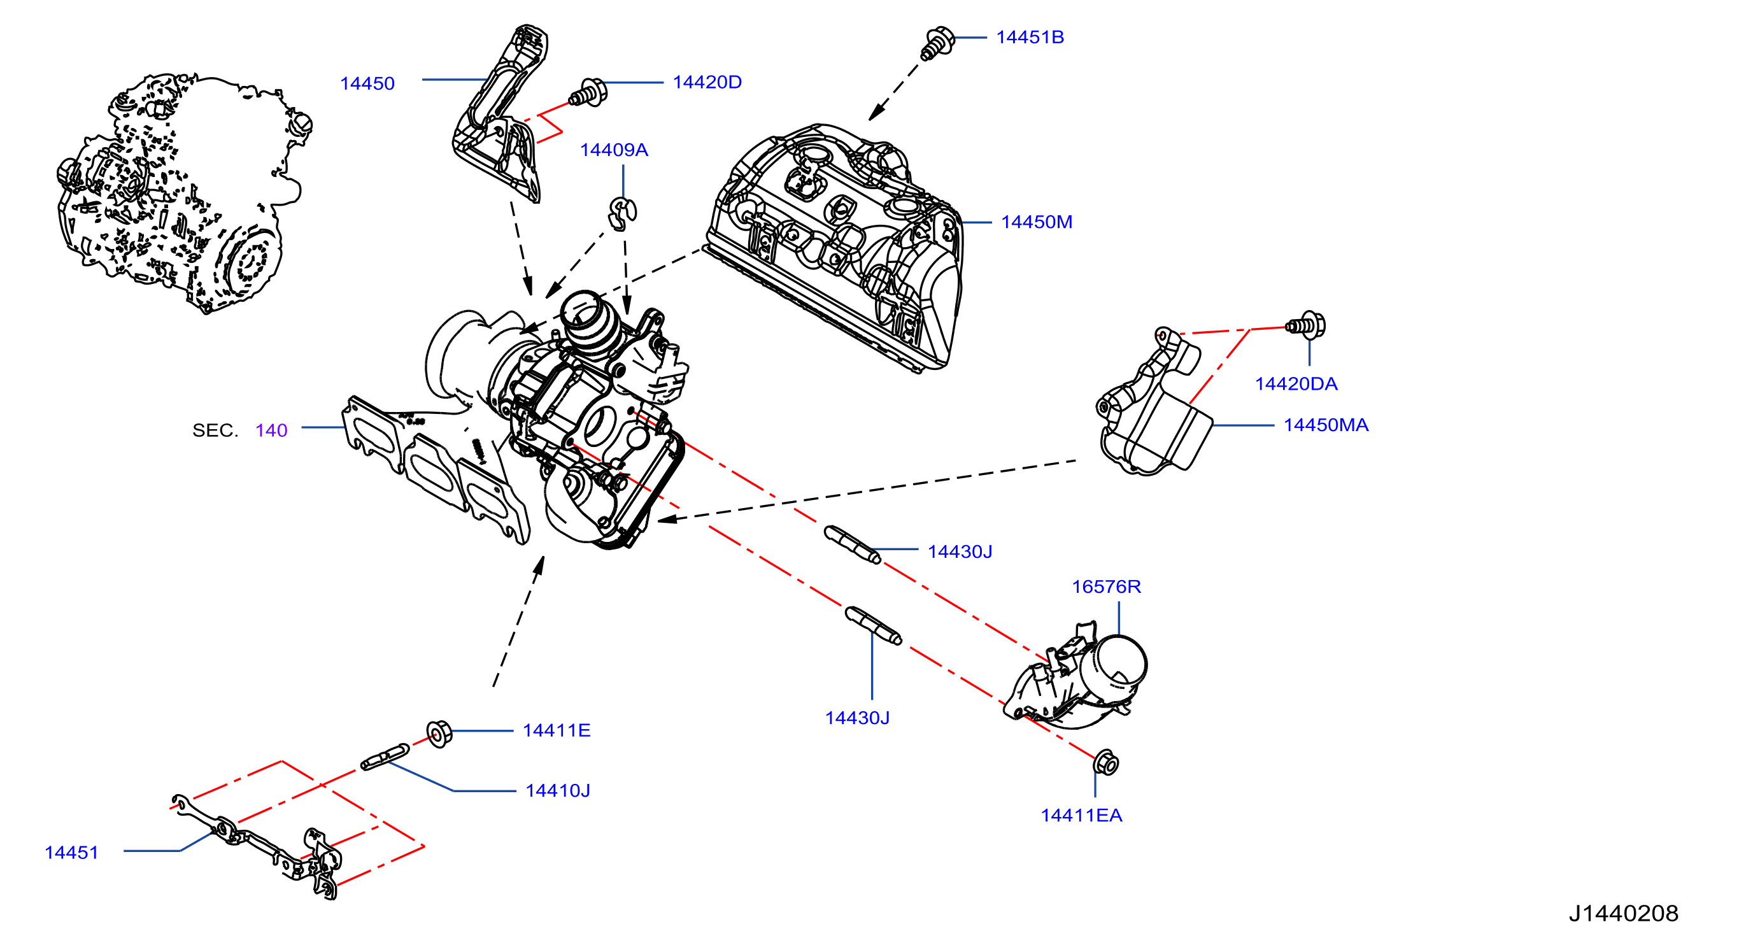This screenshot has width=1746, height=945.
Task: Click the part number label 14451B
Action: (x=1030, y=38)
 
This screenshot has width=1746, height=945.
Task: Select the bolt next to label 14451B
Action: (x=937, y=43)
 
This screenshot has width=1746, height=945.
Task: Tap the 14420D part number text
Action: (x=707, y=82)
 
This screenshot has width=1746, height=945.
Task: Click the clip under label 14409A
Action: (x=621, y=214)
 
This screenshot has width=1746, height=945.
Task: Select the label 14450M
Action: (x=1037, y=222)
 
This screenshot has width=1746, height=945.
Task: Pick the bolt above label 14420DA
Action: (x=1305, y=325)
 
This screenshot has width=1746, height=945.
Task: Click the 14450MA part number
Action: (x=1326, y=425)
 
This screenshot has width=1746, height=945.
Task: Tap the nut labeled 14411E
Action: (x=439, y=734)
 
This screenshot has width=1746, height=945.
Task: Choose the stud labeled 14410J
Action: (x=385, y=757)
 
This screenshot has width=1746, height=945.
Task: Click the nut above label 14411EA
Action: (x=1105, y=763)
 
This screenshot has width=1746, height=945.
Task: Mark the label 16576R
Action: (x=1106, y=586)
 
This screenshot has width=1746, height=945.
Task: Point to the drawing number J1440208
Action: (x=1623, y=913)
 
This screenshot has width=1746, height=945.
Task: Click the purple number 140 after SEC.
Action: (x=271, y=430)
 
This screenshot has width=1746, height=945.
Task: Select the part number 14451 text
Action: (x=71, y=852)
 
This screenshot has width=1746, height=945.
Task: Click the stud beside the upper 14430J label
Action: (x=853, y=544)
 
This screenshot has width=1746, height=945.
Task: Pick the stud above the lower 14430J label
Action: (x=874, y=626)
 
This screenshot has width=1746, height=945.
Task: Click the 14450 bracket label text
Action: (x=367, y=83)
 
